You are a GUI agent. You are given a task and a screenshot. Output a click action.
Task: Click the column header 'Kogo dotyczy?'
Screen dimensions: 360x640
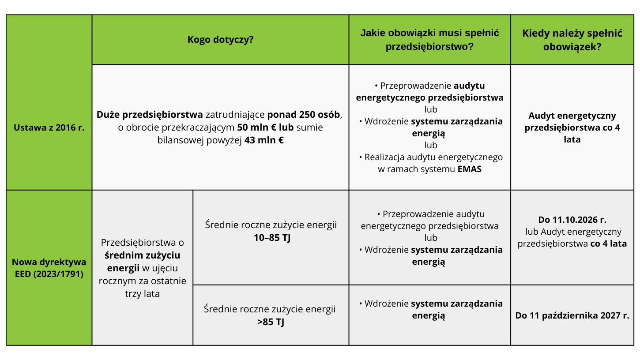click(x=220, y=40)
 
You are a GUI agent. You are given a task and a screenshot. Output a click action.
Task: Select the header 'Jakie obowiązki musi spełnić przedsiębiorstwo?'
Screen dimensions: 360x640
click(x=429, y=40)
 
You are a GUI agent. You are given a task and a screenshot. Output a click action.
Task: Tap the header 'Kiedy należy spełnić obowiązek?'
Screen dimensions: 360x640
click(x=572, y=40)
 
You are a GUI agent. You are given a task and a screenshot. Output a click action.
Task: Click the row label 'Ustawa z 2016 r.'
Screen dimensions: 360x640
click(x=49, y=128)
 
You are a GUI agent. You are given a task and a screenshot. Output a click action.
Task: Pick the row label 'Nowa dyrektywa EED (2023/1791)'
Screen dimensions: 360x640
click(x=49, y=268)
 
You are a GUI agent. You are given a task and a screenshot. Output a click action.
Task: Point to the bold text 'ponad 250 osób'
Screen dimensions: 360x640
click(x=304, y=115)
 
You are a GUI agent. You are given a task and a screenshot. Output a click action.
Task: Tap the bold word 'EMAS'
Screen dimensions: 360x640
click(x=469, y=169)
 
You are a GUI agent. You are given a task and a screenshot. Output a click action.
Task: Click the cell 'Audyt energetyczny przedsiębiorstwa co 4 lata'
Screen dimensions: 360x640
click(x=572, y=127)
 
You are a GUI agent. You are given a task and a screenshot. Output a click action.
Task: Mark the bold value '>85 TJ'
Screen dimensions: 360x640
click(x=271, y=322)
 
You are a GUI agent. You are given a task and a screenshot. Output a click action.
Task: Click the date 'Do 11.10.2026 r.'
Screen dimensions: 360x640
click(x=572, y=219)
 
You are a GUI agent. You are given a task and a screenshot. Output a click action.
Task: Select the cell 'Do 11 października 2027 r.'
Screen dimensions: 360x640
click(x=572, y=315)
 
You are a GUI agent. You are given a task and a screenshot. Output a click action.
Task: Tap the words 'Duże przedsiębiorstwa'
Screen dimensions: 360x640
click(x=150, y=115)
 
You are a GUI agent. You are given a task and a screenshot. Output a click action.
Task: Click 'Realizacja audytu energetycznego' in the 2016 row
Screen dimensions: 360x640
click(x=433, y=157)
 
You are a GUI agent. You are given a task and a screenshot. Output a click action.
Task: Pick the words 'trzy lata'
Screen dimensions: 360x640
click(x=142, y=293)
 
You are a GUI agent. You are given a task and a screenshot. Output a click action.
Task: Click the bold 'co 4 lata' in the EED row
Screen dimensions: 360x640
click(x=608, y=244)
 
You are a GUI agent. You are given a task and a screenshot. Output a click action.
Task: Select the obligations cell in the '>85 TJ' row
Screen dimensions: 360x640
click(x=429, y=310)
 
